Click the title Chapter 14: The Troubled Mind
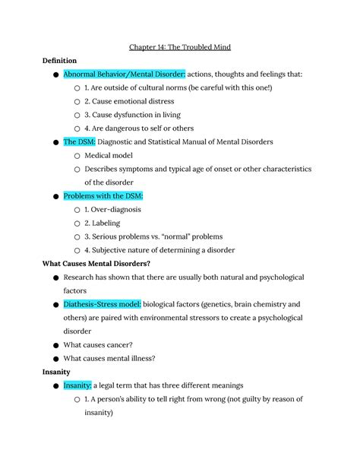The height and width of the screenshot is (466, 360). coord(180,47)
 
